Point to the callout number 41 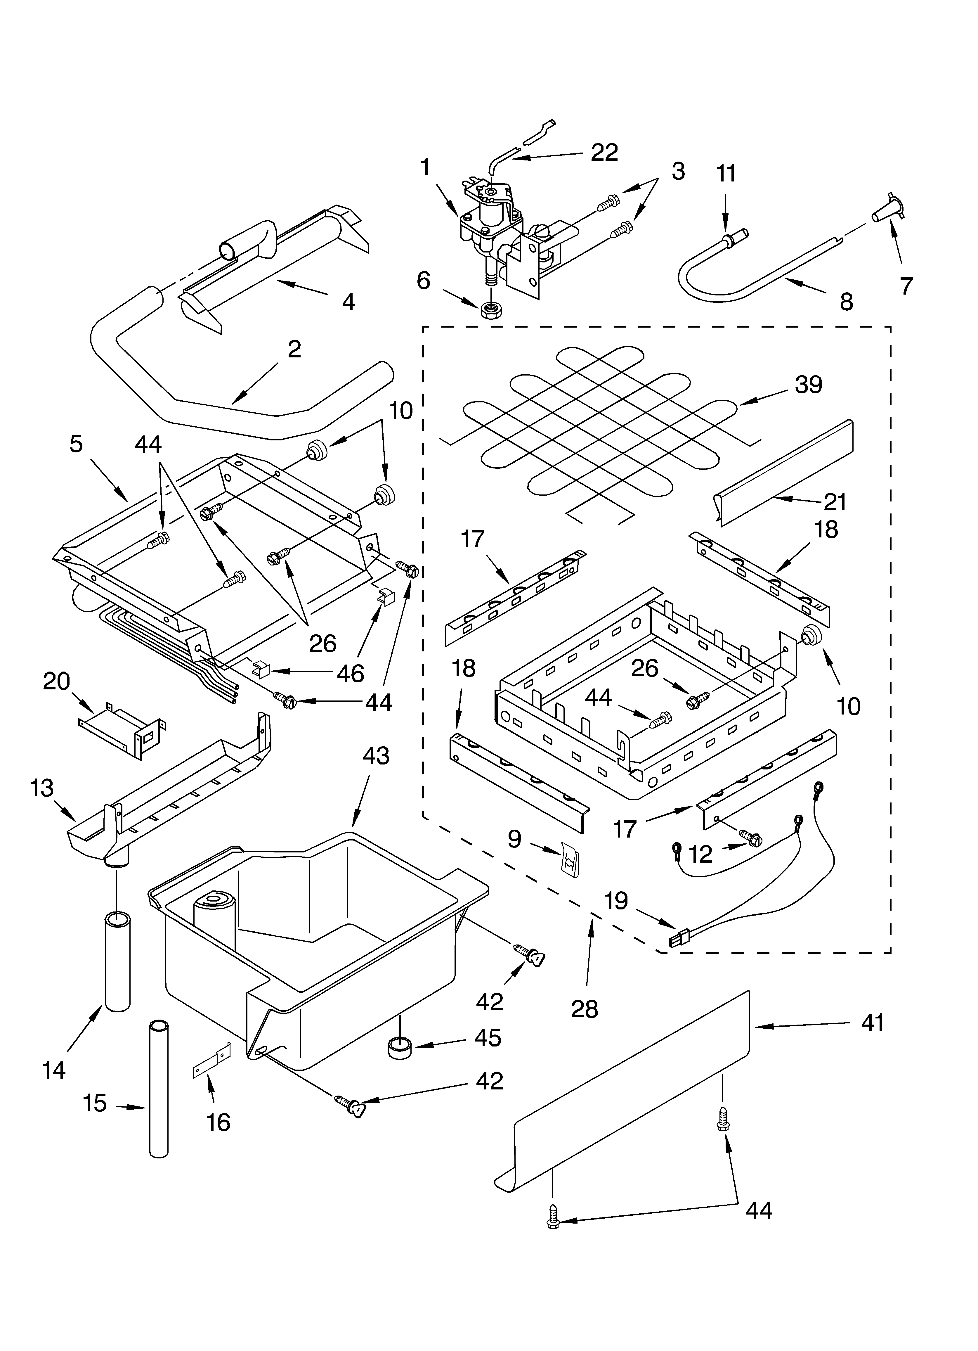click(x=873, y=1023)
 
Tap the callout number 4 click(x=348, y=302)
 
